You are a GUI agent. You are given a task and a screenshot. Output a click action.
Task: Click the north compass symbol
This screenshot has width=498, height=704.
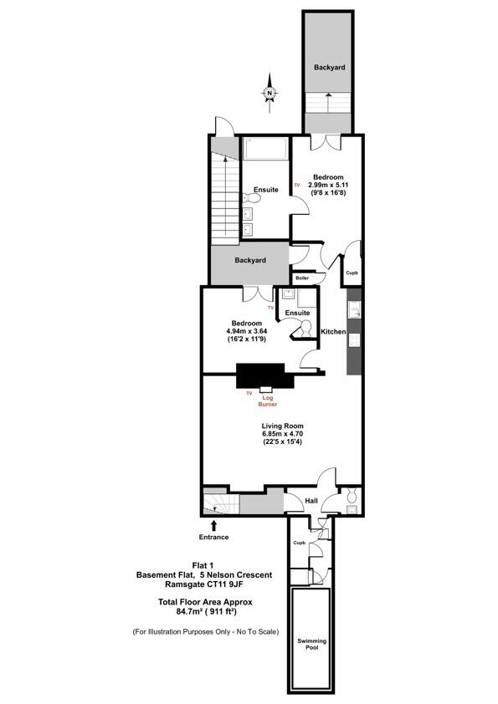pos(269,93)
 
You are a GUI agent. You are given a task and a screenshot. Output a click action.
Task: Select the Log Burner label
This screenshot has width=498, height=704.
pos(268,400)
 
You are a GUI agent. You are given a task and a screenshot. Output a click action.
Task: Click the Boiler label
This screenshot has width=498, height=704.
pos(302,278)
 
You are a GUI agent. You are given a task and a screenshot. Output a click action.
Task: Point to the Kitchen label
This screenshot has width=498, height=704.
pos(334,332)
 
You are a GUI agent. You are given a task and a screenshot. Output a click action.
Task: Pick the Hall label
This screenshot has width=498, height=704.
pos(311,501)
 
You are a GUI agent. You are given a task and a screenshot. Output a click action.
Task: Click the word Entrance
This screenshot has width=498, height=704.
pos(213,537)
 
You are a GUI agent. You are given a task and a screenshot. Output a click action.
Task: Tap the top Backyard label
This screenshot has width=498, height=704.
pos(330,67)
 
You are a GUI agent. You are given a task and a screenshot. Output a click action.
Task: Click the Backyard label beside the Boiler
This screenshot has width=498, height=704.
pos(250,260)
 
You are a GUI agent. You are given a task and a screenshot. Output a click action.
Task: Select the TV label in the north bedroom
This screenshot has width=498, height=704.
pos(296,185)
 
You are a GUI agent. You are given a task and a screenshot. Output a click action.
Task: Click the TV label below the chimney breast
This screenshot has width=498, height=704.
pos(249,391)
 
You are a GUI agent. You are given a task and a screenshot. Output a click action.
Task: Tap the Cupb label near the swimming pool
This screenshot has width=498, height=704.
pos(299,543)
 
